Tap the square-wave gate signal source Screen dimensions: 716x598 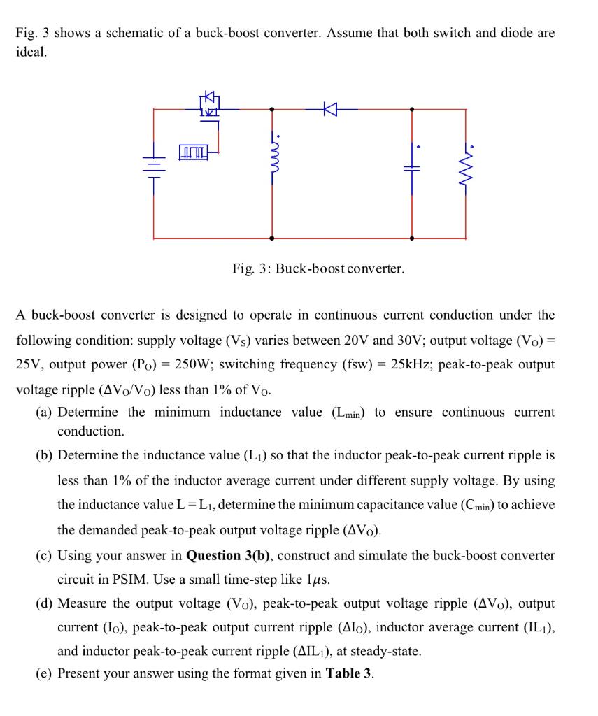pos(192,150)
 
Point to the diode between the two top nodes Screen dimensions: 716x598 pos(331,109)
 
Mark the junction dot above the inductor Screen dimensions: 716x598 pos(272,109)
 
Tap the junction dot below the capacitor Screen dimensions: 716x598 pos(411,238)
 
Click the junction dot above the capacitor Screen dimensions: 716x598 pos(411,109)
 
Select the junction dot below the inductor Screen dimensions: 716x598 pos(272,238)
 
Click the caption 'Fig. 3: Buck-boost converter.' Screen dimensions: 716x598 pos(318,268)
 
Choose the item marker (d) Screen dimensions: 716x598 pos(45,603)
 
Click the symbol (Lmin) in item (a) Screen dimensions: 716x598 pos(350,413)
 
